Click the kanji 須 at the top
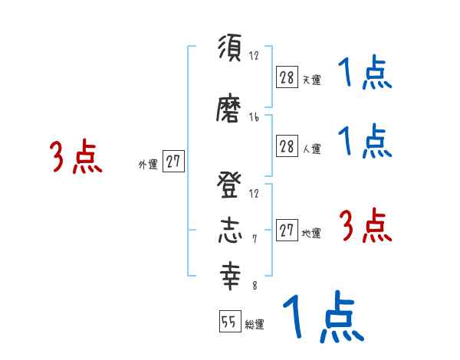tap(229, 49)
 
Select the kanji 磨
tap(229, 112)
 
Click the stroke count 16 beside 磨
tap(254, 118)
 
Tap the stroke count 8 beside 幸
tap(254, 285)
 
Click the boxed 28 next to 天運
tap(287, 77)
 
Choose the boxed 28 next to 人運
tap(287, 147)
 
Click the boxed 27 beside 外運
tap(174, 162)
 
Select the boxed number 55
tap(229, 322)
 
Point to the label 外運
tap(147, 164)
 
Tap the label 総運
tap(255, 325)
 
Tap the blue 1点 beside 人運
tap(365, 141)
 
